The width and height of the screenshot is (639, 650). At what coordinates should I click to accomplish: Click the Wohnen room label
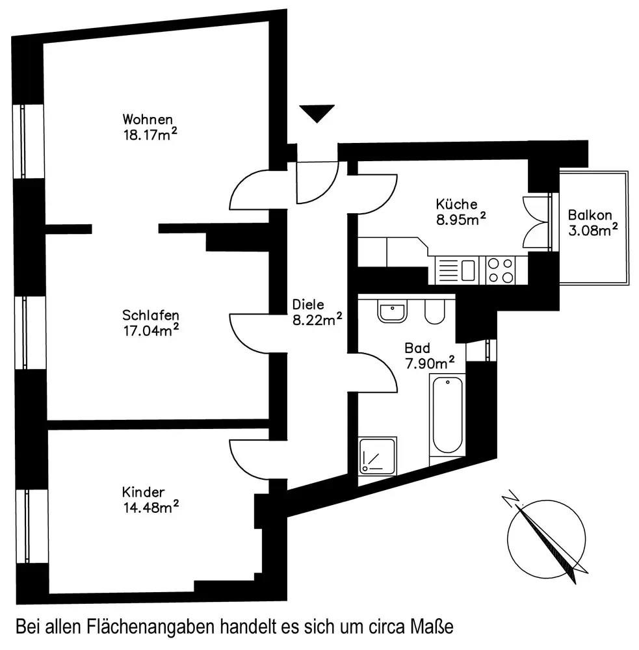point(148,120)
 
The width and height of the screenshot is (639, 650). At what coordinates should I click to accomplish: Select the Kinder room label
point(143,492)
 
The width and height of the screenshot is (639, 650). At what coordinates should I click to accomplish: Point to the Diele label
point(308,304)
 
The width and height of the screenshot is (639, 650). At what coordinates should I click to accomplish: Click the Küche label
point(457,203)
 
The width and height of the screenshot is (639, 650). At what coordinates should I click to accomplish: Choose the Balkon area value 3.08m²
point(592,230)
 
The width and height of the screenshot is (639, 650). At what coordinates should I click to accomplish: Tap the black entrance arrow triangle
point(317,113)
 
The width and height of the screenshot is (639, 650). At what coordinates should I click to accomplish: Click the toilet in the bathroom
point(434,312)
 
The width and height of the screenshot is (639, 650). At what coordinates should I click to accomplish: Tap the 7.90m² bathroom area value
point(430,363)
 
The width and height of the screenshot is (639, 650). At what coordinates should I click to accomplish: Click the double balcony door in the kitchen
point(537,222)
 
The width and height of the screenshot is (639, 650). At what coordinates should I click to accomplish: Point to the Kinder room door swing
point(249,458)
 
